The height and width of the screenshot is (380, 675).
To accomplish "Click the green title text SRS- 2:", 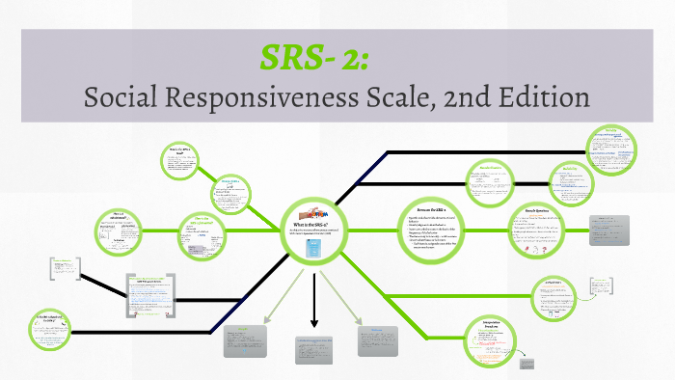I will coord(321,57).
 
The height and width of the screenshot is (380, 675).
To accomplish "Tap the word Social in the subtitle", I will coord(124,96).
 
